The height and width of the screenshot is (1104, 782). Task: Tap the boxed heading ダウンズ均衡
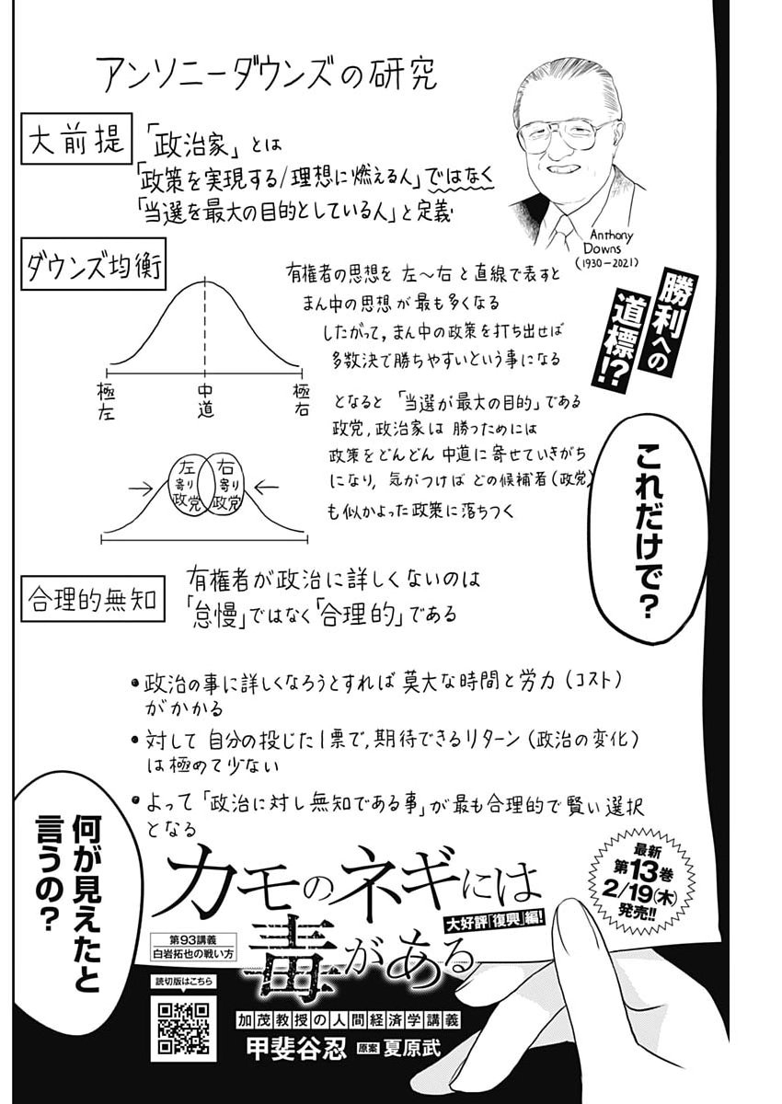(x=93, y=266)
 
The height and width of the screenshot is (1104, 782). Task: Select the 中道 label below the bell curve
(x=204, y=401)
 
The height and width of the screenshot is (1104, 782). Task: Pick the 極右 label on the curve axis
(x=301, y=401)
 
